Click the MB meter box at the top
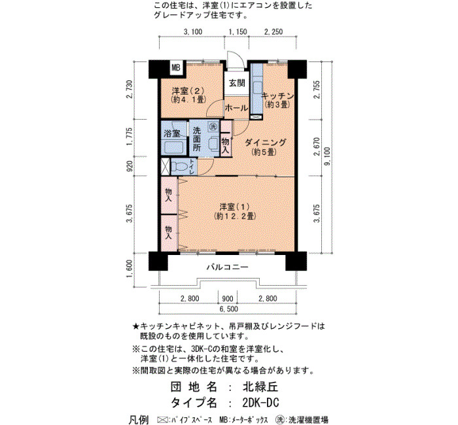coord(176,68)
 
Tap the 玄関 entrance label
coord(237,83)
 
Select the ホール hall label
coord(236,108)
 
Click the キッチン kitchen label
coord(277,95)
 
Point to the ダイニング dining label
coord(264,143)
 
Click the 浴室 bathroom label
coord(171,133)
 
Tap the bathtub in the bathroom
coord(174,148)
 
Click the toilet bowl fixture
coord(179,167)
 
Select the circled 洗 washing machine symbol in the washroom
coord(213,127)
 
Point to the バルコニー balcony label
coord(228,267)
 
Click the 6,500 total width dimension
coord(228,309)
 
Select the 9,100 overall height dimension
coord(327,156)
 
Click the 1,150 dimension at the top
coord(238,31)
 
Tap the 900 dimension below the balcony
coord(228,299)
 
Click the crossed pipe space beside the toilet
coord(165,167)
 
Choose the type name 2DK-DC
coord(260,403)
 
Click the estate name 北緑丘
coord(260,387)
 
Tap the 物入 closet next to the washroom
coord(226,138)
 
